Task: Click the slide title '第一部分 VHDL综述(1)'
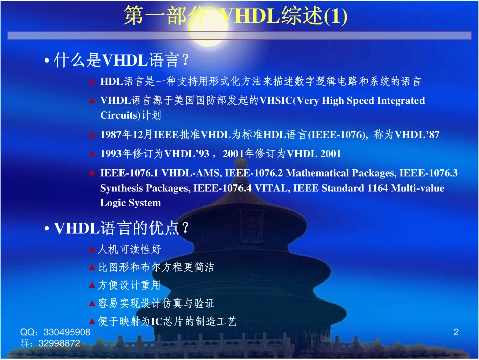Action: point(235,17)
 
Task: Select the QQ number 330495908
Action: point(67,332)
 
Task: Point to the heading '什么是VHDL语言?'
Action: point(121,61)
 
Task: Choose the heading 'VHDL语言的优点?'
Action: point(122,229)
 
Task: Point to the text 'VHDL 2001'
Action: point(314,154)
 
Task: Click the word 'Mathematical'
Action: point(329,173)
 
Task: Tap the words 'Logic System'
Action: point(131,203)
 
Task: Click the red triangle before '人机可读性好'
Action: point(92,249)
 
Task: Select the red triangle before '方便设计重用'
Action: point(92,285)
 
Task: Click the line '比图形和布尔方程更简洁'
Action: point(156,267)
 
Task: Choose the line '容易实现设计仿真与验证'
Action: point(156,304)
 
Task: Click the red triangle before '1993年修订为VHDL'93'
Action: point(92,154)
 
